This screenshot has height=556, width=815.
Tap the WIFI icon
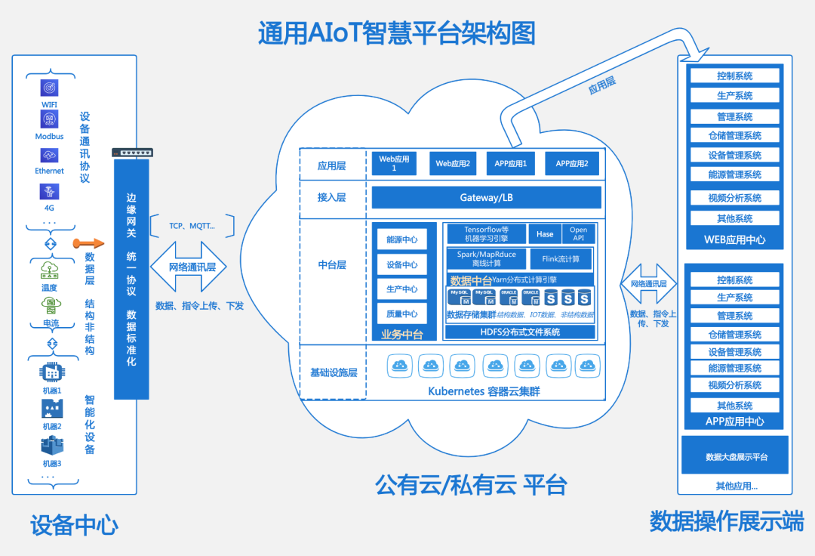[x=49, y=88]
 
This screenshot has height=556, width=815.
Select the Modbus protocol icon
[x=49, y=119]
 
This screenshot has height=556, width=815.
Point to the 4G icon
[x=49, y=192]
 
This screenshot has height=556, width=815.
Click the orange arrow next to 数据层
[x=87, y=243]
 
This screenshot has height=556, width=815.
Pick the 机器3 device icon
[x=51, y=446]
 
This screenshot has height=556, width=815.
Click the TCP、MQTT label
[x=192, y=225]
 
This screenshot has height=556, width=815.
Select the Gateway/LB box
[x=486, y=198]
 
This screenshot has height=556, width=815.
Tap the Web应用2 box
[x=453, y=164]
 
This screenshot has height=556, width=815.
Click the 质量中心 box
[x=401, y=314]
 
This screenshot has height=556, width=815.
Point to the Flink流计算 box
[x=561, y=259]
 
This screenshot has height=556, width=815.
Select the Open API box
[x=578, y=234]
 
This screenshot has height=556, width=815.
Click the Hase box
[x=545, y=234]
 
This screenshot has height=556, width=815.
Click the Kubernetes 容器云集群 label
[x=484, y=391]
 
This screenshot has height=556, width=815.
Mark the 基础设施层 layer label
[x=333, y=372]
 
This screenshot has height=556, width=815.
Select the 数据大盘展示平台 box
[x=736, y=457]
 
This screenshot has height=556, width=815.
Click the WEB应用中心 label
[x=734, y=239]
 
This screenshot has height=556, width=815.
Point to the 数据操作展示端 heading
[x=727, y=520]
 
